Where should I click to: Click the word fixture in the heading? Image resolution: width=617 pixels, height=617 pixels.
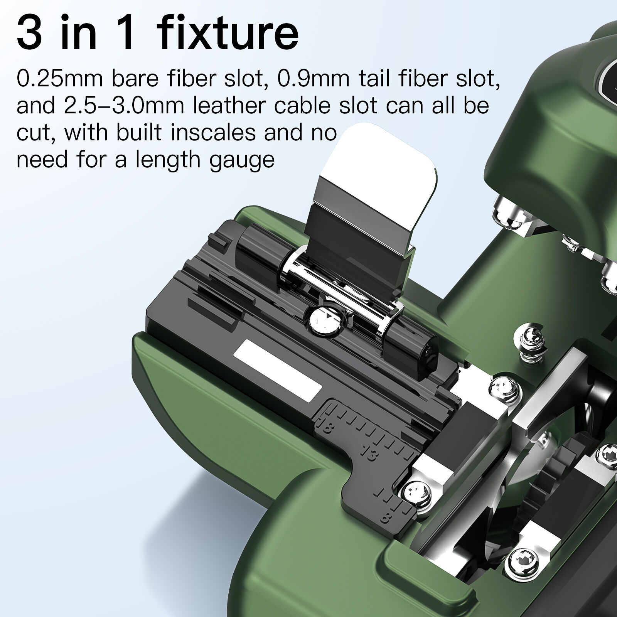(x=229, y=34)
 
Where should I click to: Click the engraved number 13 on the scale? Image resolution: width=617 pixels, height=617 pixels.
(x=368, y=455)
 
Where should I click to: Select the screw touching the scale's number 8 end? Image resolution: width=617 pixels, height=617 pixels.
(x=416, y=495)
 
